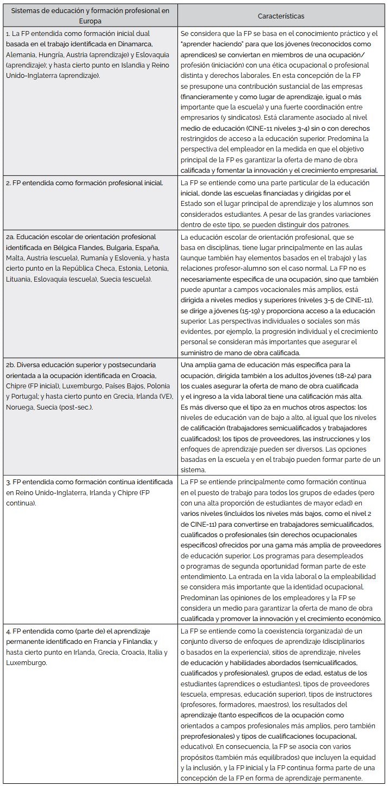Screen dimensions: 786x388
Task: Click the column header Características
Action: tap(281, 16)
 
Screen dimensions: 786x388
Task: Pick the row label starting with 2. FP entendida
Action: tap(84, 183)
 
